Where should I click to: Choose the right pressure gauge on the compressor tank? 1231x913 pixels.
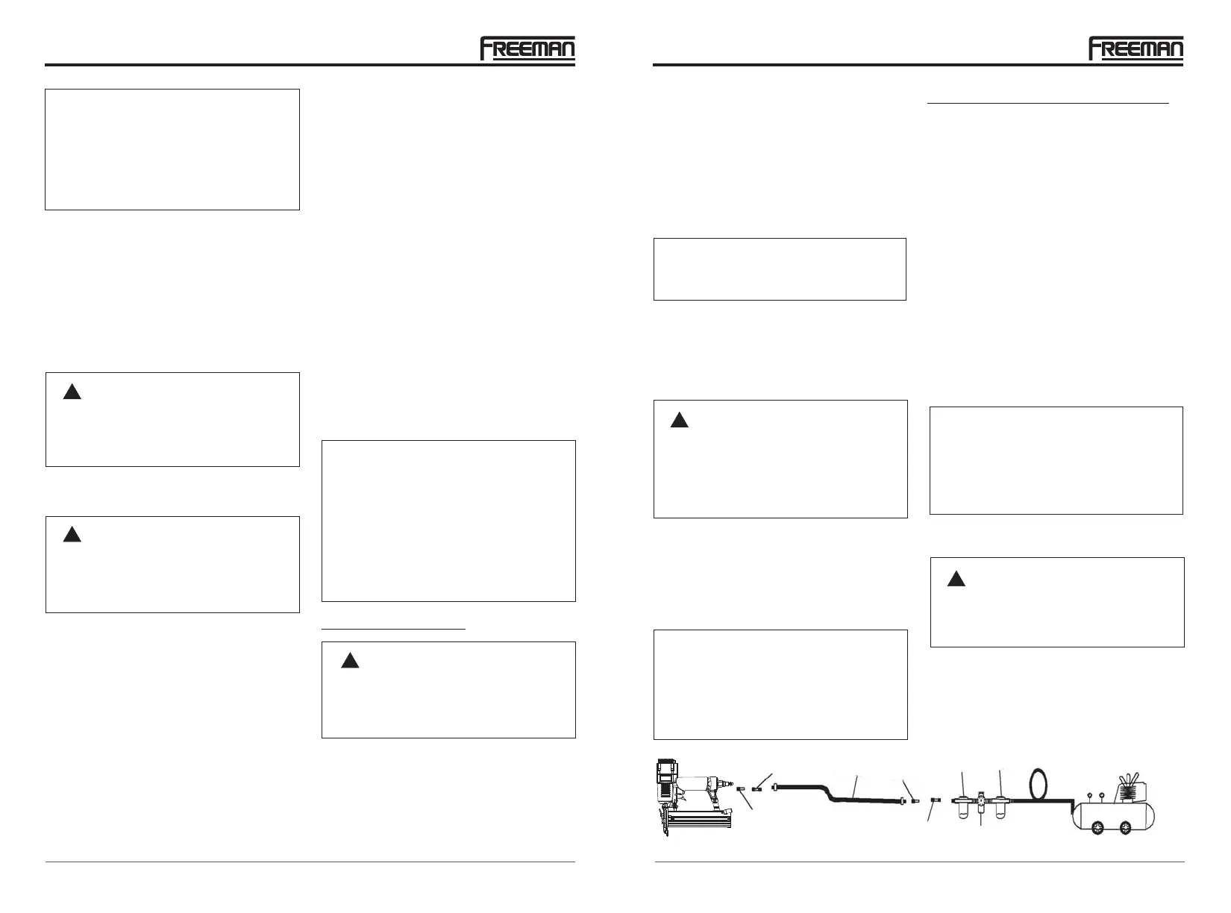(1102, 791)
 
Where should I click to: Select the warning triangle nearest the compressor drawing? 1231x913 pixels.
(956, 579)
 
